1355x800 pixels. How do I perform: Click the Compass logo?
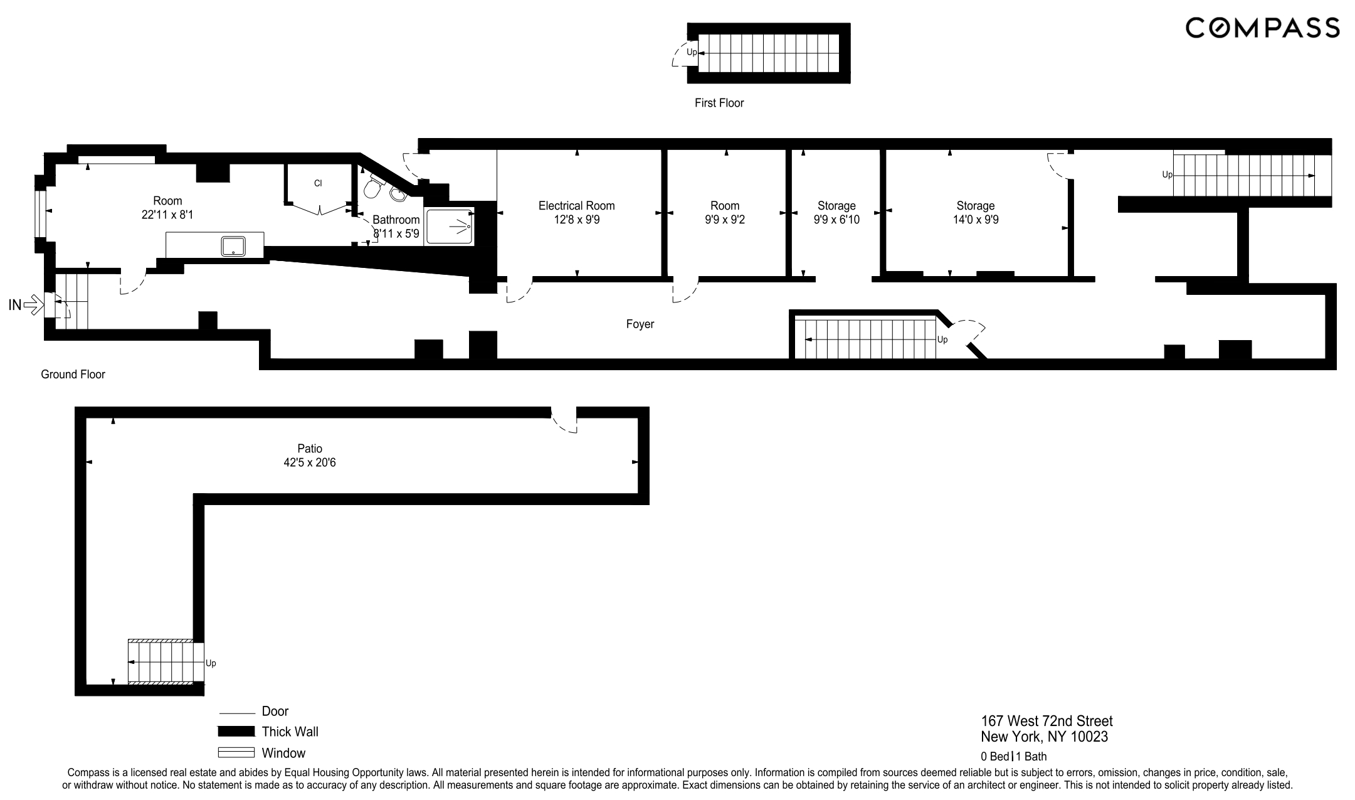point(1262,28)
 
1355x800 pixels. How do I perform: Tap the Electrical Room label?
point(576,206)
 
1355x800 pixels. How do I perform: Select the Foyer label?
point(640,324)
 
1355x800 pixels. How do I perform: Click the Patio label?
point(310,449)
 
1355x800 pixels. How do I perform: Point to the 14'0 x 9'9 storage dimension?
point(976,220)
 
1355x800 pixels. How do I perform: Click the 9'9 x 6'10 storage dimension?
point(836,220)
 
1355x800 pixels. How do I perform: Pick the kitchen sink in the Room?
point(233,245)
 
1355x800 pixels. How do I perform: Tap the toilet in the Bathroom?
point(374,186)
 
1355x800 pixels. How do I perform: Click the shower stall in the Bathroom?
point(449,227)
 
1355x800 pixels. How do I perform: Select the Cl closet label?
point(318,183)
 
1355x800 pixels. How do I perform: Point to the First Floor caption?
point(719,103)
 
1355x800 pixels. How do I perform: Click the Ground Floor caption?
point(73,375)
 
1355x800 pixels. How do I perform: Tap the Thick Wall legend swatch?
point(236,732)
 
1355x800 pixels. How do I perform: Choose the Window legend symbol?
point(236,753)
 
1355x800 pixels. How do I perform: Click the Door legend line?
point(237,713)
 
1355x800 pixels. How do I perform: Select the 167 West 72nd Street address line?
point(1047,722)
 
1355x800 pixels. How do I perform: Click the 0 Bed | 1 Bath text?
point(1013,757)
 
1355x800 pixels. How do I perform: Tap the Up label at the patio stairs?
point(211,663)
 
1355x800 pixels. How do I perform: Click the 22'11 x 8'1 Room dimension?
point(167,215)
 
